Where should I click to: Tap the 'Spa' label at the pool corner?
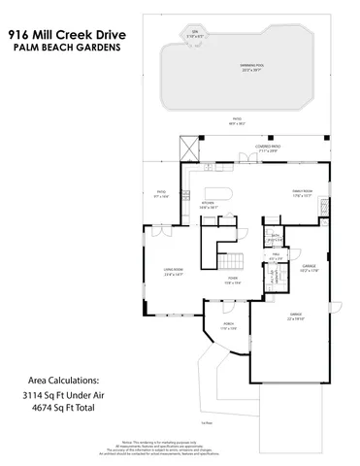193,35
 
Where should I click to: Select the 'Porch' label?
228,325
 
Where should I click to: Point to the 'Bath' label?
277,236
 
